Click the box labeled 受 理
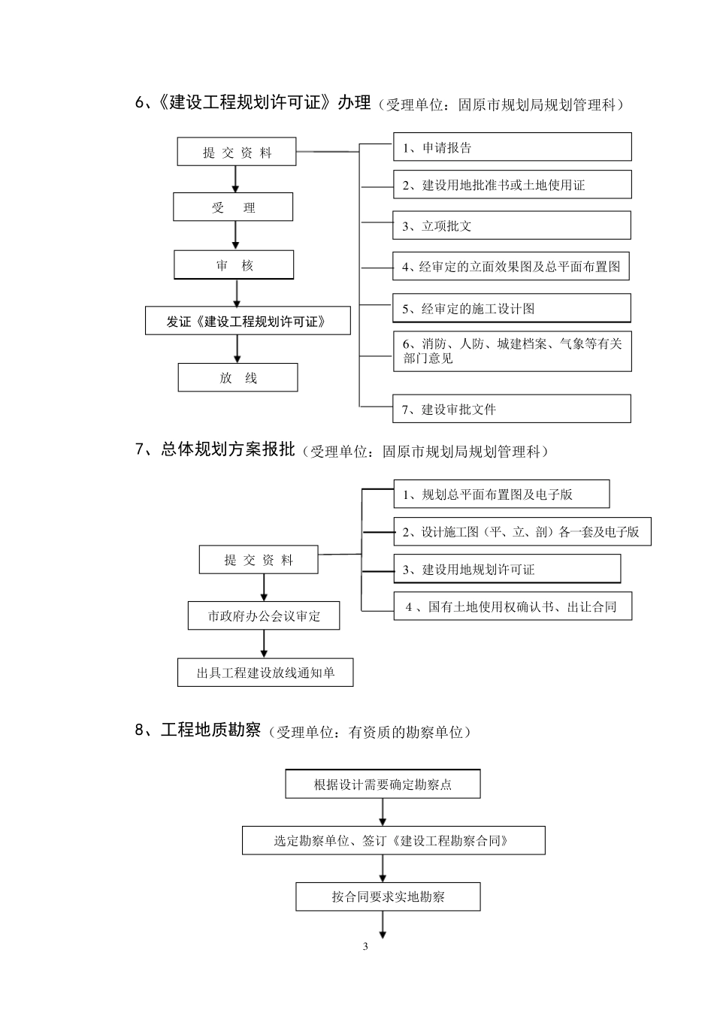(x=233, y=207)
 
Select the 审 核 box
(x=234, y=265)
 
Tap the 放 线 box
(x=237, y=378)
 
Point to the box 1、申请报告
(x=512, y=147)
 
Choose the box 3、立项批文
(x=512, y=225)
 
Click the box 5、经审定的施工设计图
(x=512, y=308)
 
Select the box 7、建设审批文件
(x=512, y=409)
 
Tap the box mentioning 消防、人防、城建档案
(x=512, y=351)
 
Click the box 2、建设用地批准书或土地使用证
(x=512, y=185)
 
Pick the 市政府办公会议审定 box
(x=264, y=616)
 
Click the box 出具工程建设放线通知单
(x=265, y=673)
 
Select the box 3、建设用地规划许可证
(x=507, y=569)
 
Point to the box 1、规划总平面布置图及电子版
(x=501, y=494)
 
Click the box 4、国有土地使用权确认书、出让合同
(x=513, y=606)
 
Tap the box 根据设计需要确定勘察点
(x=383, y=785)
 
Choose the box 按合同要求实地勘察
(x=388, y=897)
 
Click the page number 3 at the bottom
(x=366, y=946)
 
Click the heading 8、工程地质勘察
(x=198, y=730)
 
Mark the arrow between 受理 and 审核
(x=235, y=235)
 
